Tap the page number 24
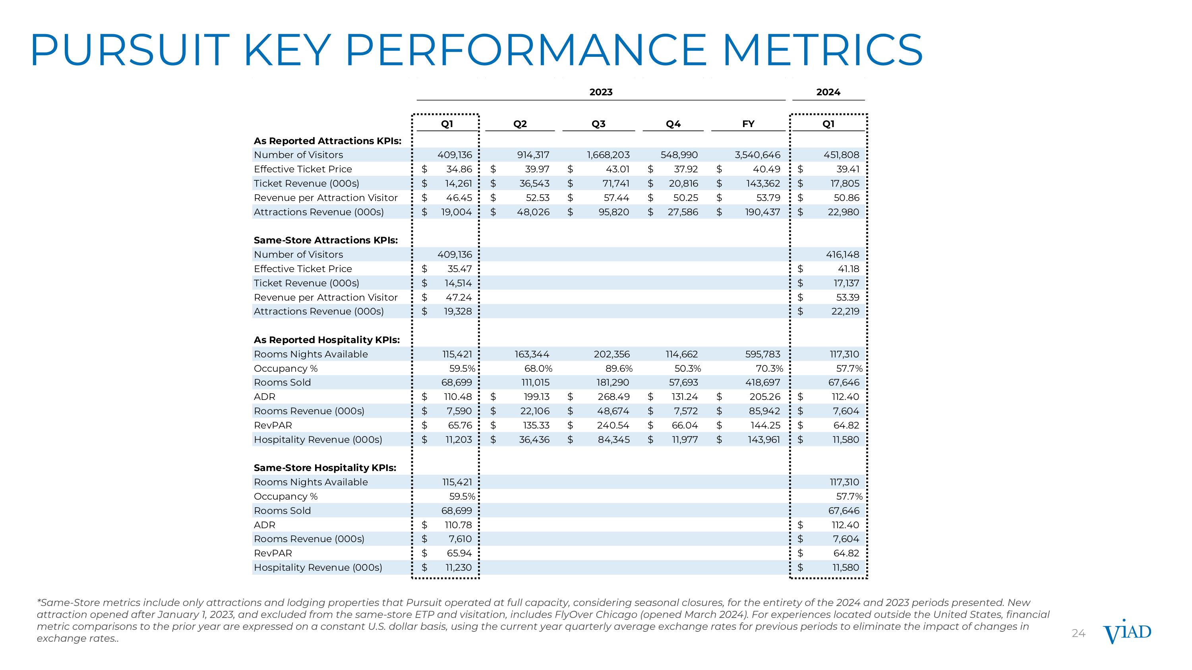tap(1078, 633)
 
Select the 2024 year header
tap(828, 92)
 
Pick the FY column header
tap(748, 124)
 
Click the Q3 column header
tap(598, 124)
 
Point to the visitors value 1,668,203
tap(608, 155)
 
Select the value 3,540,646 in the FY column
tap(757, 155)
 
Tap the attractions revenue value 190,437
tap(762, 212)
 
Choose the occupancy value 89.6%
tap(619, 369)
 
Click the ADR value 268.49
tap(613, 397)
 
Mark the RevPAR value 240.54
tap(613, 425)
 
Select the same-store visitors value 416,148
tap(842, 255)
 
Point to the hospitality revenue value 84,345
tap(613, 440)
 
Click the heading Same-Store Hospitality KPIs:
tap(325, 468)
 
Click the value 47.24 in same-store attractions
tap(459, 297)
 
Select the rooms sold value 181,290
tap(612, 383)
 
